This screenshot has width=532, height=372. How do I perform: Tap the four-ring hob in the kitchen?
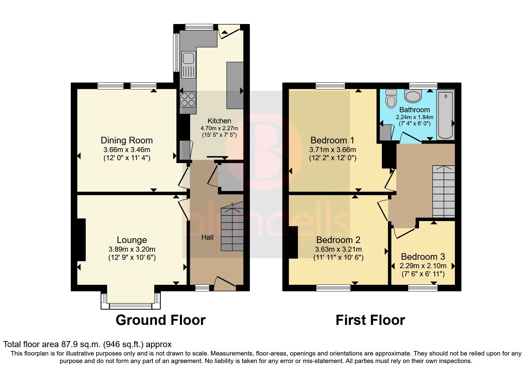(188, 99)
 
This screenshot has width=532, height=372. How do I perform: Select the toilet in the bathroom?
(391, 98)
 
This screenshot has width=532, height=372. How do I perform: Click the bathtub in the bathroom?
(445, 115)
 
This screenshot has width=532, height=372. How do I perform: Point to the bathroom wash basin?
(413, 96)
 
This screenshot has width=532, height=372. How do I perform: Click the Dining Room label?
(126, 140)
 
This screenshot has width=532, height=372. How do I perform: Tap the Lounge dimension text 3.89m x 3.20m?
(132, 249)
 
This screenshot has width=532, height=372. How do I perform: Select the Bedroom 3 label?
(423, 257)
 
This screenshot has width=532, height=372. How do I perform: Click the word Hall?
(207, 237)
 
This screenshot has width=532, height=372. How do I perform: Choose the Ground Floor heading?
(160, 320)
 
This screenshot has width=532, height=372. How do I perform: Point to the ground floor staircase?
(232, 228)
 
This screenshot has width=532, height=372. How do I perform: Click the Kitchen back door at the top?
(230, 31)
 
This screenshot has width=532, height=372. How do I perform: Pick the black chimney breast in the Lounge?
(81, 239)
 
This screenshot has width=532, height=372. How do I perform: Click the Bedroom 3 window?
(422, 288)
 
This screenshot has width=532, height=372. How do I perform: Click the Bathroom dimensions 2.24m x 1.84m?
(414, 117)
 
